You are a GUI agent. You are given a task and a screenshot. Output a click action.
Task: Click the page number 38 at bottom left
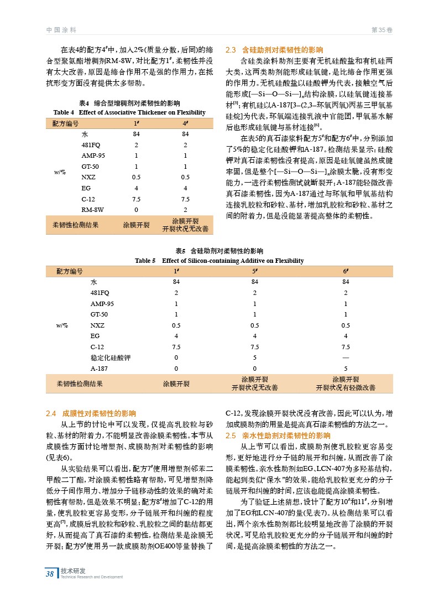tap(50, 573)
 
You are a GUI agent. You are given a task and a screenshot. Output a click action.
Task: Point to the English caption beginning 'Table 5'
tap(219, 261)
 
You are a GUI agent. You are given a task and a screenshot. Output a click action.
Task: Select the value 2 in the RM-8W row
tap(186, 210)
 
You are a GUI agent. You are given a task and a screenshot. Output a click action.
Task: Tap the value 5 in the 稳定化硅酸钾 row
tap(255, 357)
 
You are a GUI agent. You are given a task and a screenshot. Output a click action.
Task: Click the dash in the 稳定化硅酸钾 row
tap(346, 357)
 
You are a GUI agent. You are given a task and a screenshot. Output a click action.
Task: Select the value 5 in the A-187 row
tap(346, 368)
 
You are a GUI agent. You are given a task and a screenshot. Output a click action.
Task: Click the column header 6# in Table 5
tap(346, 271)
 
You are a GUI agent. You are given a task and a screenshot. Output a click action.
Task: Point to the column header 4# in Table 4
tap(186, 123)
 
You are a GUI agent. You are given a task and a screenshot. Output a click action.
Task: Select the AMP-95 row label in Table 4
tap(93, 156)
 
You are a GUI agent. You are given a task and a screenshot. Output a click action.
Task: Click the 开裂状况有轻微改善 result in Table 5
tap(346, 387)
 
